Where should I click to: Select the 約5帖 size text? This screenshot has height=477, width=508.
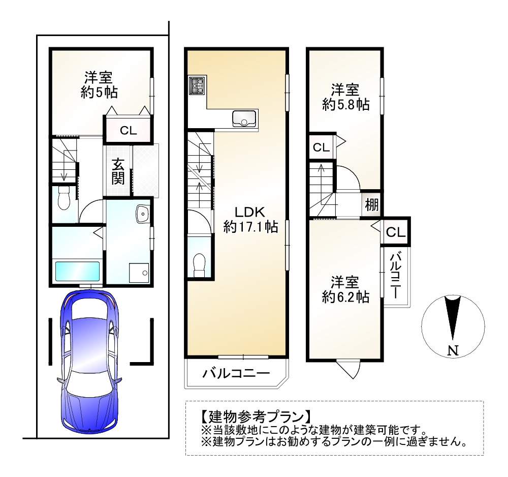pyautogui.click(x=99, y=93)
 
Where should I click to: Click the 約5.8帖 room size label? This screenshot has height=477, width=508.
pyautogui.click(x=345, y=105)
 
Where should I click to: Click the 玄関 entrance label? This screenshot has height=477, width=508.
pyautogui.click(x=118, y=171)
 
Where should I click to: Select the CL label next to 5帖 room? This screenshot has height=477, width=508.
pyautogui.click(x=128, y=130)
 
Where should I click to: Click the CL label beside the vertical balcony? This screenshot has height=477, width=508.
pyautogui.click(x=396, y=232)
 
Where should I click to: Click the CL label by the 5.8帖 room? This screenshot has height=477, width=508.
pyautogui.click(x=321, y=148)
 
